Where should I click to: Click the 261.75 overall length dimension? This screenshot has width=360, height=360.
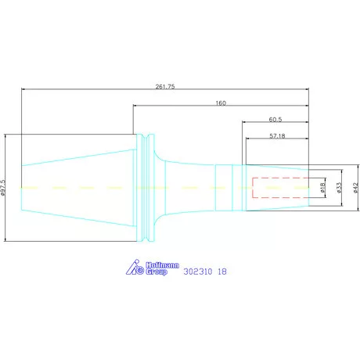(x=165, y=87)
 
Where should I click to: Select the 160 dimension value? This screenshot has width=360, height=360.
(x=221, y=103)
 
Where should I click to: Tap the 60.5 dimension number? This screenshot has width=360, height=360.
(x=275, y=120)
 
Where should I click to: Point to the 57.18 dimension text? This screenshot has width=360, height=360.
(x=277, y=136)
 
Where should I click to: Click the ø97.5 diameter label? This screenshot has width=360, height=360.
(x=3, y=187)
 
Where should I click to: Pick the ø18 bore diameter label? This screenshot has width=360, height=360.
(x=322, y=188)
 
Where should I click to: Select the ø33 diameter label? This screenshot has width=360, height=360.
(x=339, y=188)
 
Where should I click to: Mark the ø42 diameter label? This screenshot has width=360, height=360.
(x=356, y=188)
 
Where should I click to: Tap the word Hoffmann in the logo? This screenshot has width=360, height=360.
(x=162, y=265)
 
